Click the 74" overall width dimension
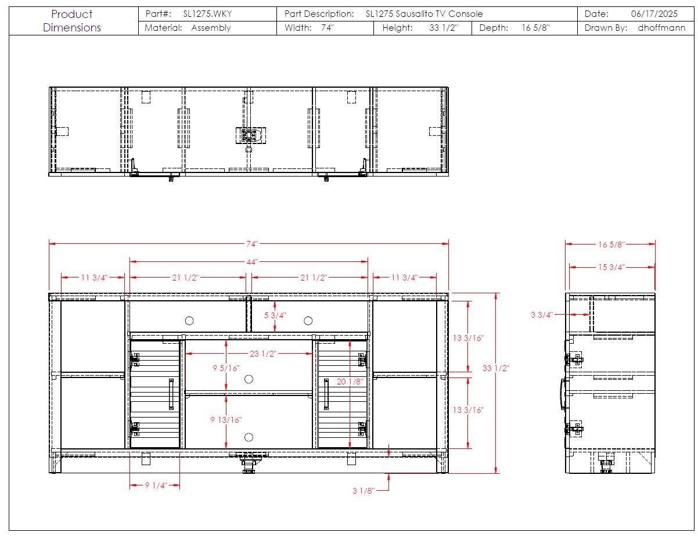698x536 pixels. pyautogui.click(x=252, y=244)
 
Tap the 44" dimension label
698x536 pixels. pyautogui.click(x=252, y=262)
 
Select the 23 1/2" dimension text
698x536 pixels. pyautogui.click(x=262, y=353)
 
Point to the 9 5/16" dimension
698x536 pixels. pyautogui.click(x=226, y=368)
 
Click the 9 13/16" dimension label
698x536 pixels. pyautogui.click(x=226, y=419)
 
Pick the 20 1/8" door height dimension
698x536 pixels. pyautogui.click(x=350, y=381)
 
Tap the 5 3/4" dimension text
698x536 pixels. pyautogui.click(x=275, y=315)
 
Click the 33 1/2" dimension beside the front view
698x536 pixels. pyautogui.click(x=496, y=368)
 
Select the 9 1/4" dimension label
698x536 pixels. pyautogui.click(x=156, y=485)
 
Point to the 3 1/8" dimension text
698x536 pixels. pyautogui.click(x=364, y=490)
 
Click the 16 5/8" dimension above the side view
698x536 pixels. pyautogui.click(x=611, y=244)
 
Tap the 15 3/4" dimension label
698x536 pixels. pyautogui.click(x=611, y=267)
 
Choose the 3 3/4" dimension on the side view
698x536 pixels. pyautogui.click(x=542, y=314)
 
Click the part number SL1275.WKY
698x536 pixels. pyautogui.click(x=207, y=14)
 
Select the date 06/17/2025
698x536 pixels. pyautogui.click(x=654, y=14)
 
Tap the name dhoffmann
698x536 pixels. pyautogui.click(x=661, y=28)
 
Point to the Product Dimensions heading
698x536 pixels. pyautogui.click(x=72, y=20)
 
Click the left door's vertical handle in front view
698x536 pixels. pyautogui.click(x=171, y=394)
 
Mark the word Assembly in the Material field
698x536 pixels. pyautogui.click(x=211, y=28)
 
